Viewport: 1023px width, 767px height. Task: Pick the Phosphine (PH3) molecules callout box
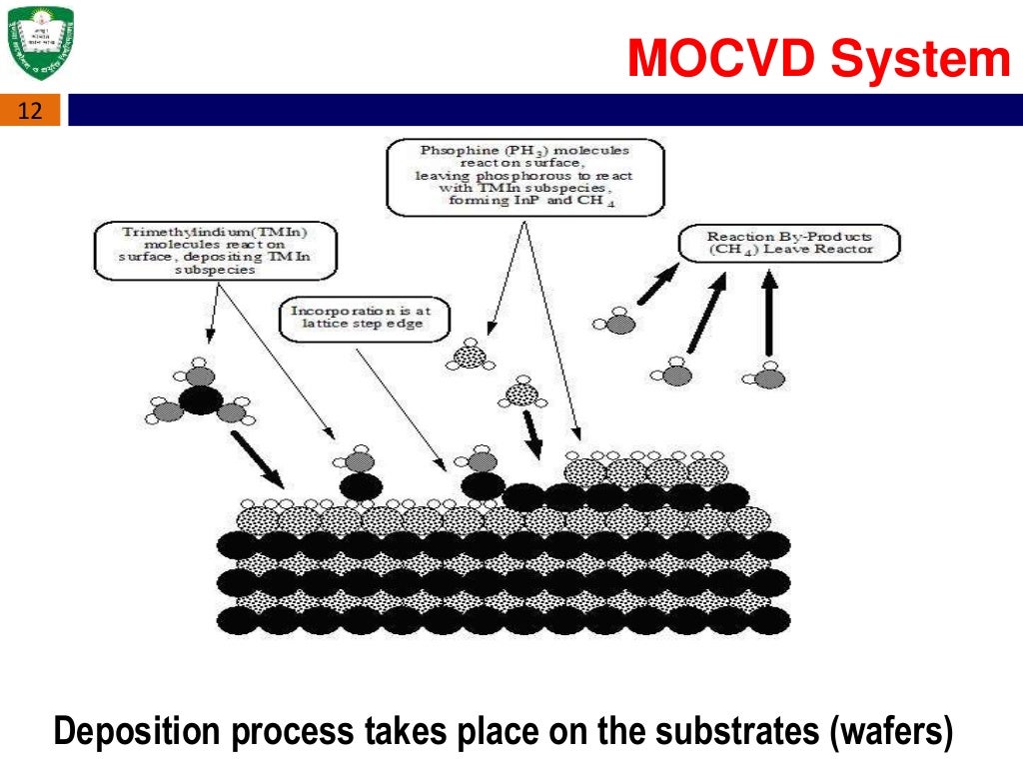[524, 178]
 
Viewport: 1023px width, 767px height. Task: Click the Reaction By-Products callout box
[788, 243]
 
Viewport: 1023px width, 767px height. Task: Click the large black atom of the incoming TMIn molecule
[200, 401]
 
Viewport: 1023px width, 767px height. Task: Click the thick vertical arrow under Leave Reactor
[768, 318]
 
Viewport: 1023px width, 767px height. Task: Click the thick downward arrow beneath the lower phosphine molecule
[531, 431]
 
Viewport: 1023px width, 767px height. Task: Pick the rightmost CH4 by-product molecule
[768, 377]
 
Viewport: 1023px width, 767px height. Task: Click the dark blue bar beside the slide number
[539, 110]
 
